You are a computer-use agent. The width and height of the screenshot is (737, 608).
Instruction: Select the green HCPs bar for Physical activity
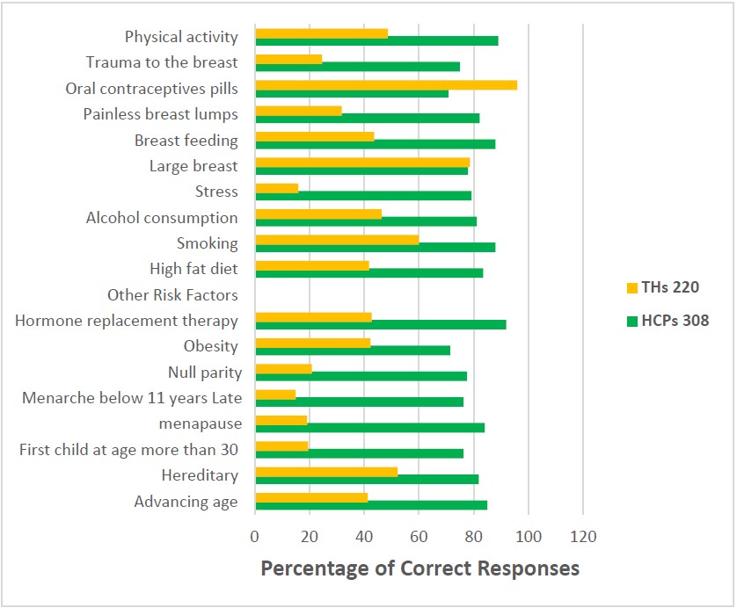[376, 40]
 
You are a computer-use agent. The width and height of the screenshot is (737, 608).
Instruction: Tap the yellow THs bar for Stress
[276, 188]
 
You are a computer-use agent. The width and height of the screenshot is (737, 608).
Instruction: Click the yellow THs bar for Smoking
[336, 239]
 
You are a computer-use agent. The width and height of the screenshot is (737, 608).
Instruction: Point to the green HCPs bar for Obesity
[352, 350]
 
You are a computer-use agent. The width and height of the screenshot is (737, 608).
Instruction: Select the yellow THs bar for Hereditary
[325, 472]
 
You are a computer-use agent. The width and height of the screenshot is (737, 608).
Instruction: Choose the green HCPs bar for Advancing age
[370, 505]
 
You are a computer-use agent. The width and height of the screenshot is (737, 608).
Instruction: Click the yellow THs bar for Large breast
[362, 162]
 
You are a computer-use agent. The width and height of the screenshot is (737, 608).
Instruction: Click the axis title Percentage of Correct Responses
[420, 568]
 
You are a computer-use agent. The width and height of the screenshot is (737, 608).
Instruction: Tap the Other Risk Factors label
[172, 295]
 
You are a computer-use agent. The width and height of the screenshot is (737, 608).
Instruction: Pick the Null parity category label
[203, 373]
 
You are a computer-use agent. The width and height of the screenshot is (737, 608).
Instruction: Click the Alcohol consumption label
[162, 218]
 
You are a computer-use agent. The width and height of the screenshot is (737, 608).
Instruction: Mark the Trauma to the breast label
[162, 62]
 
